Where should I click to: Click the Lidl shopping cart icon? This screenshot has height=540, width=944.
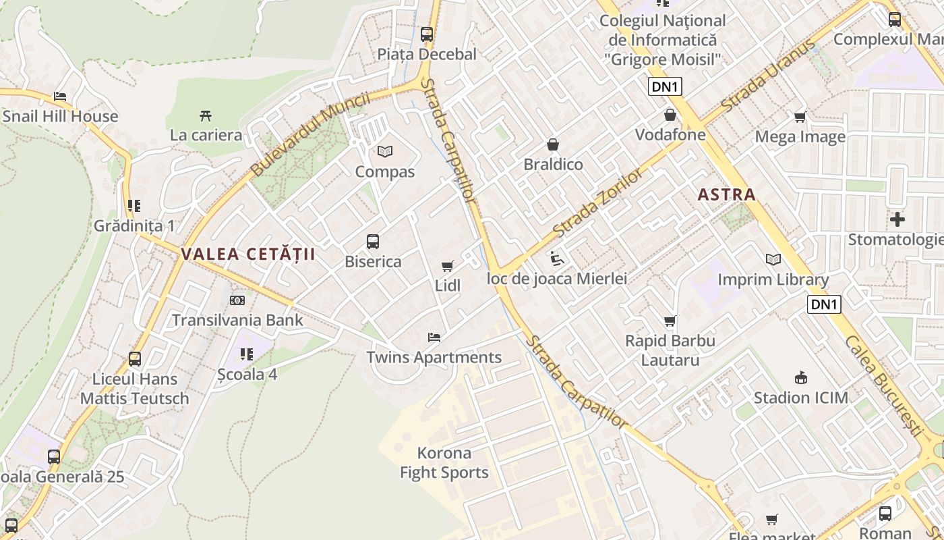447,267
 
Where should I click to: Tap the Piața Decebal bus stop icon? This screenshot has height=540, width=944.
426,34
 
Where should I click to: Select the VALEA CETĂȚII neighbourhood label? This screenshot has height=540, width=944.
248,254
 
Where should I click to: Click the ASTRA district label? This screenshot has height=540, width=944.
726,195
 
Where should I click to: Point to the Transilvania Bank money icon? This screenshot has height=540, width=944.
237,300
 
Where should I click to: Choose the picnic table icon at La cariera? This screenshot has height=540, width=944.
206,115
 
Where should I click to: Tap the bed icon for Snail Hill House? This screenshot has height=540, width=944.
60,97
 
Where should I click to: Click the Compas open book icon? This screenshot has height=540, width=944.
384,152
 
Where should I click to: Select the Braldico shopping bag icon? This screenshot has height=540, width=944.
553,144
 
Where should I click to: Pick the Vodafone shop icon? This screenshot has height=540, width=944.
670,115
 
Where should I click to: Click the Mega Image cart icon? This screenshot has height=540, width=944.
800,117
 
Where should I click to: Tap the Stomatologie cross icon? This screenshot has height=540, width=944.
897,219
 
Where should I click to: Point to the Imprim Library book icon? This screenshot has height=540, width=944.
773,259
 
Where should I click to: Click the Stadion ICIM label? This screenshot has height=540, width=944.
800,398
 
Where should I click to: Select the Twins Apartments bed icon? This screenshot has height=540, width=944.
434,337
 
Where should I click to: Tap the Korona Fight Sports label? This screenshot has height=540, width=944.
444,462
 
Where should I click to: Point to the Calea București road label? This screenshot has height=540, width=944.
882,385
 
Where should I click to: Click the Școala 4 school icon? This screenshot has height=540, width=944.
247,354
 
